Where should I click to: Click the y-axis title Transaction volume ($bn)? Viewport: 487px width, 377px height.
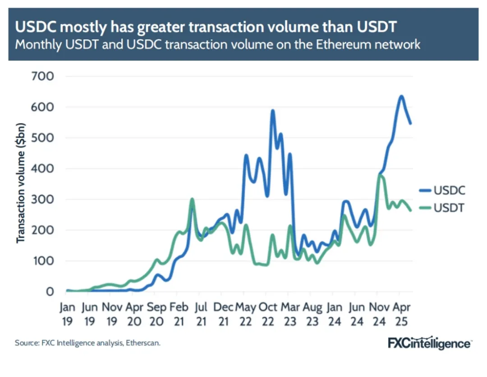[21, 189]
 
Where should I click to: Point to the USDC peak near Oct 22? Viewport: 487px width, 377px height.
[272, 110]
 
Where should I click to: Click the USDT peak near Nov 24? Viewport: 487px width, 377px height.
[381, 175]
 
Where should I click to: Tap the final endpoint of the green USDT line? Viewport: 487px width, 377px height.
[410, 210]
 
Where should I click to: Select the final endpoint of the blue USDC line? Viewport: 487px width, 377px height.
[410, 123]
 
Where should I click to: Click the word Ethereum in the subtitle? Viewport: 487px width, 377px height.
[332, 44]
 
